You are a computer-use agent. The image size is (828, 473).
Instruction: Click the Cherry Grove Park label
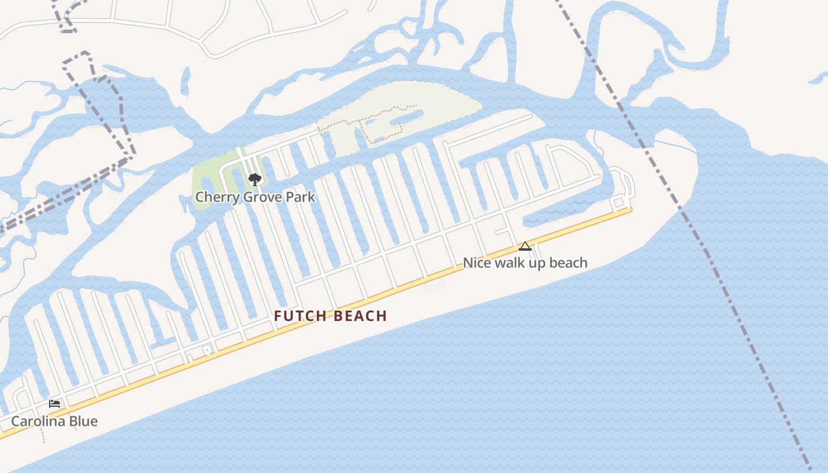pyautogui.click(x=255, y=197)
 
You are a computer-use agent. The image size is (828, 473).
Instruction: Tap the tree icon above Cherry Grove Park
pyautogui.click(x=254, y=179)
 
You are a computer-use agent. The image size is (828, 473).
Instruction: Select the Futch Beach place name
pyautogui.click(x=330, y=316)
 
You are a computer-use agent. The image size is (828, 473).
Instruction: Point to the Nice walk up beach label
pyautogui.click(x=525, y=263)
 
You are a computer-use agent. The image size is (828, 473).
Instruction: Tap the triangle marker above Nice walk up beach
pyautogui.click(x=525, y=247)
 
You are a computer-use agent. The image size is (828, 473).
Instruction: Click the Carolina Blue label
pyautogui.click(x=54, y=421)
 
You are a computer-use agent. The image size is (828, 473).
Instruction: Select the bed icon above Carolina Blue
pyautogui.click(x=54, y=404)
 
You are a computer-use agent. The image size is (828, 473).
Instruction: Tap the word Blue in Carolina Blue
pyautogui.click(x=83, y=421)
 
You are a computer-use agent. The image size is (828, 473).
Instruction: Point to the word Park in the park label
pyautogui.click(x=300, y=197)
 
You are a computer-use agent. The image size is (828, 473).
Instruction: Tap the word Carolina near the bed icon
pyautogui.click(x=38, y=421)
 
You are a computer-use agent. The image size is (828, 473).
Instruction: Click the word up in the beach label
pyautogui.click(x=536, y=263)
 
